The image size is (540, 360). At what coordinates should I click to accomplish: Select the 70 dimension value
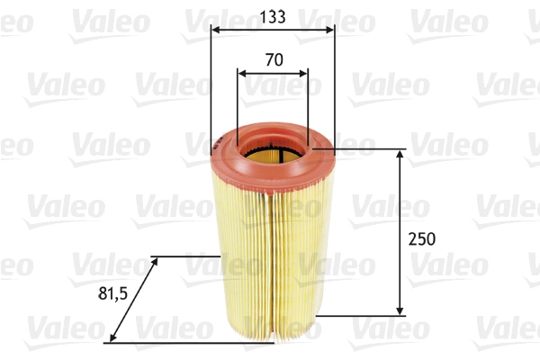[x=274, y=61]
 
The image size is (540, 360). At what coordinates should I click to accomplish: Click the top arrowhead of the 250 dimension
[x=401, y=155]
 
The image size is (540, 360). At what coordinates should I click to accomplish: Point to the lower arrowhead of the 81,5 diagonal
[x=109, y=339]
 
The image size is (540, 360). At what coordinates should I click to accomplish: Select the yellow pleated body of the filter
[x=270, y=261]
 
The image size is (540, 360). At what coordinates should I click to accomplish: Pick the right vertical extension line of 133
[x=334, y=90]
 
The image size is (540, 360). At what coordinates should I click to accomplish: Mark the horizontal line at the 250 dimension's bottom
[x=360, y=316]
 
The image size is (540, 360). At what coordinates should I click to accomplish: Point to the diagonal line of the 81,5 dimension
[x=132, y=299]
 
